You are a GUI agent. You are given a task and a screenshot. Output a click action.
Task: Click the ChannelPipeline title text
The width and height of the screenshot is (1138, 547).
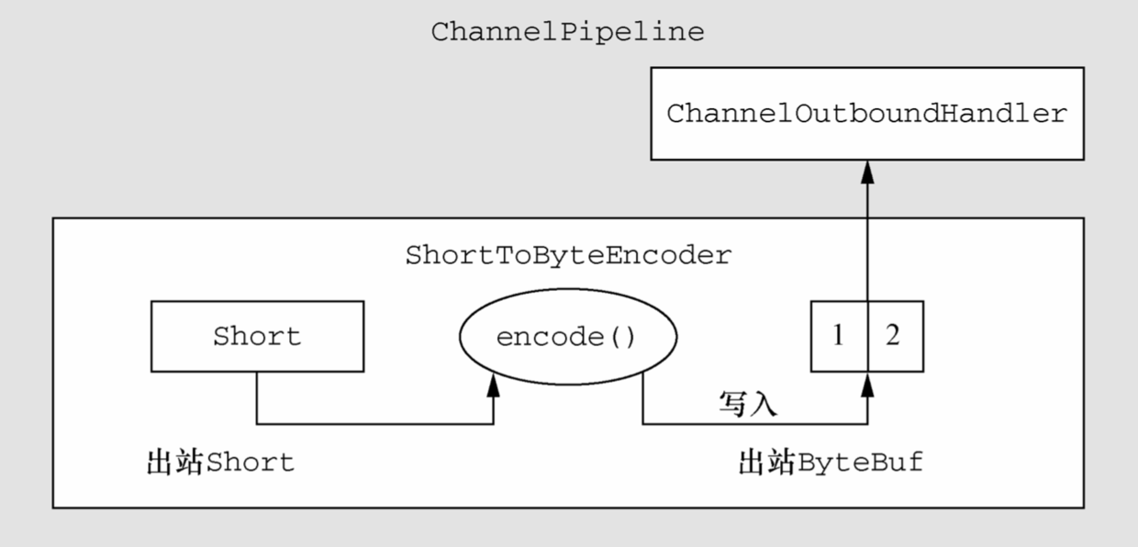[567, 33]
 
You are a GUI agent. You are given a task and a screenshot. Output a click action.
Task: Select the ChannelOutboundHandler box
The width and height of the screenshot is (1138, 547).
[867, 114]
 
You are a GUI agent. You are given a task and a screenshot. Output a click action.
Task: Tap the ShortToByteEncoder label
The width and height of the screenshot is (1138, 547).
[568, 256]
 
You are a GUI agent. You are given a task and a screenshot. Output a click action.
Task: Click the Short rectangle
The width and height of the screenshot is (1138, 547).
[257, 336]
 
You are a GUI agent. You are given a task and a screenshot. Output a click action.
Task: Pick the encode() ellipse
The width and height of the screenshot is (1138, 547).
[567, 336]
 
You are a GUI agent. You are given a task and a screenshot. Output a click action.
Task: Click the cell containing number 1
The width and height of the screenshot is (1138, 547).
[839, 336]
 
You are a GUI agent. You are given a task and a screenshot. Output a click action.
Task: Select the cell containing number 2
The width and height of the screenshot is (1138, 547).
[895, 336]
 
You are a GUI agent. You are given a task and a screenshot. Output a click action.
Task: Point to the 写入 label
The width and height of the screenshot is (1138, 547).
[748, 404]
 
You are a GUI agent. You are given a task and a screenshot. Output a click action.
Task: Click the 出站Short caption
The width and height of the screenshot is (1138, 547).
[221, 462]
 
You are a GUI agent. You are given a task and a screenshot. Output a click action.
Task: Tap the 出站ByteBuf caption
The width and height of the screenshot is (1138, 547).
[831, 462]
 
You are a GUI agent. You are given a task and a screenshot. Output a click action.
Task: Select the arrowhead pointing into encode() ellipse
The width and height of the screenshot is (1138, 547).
[494, 385]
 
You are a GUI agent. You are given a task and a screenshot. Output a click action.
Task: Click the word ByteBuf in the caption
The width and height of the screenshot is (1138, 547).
[860, 462]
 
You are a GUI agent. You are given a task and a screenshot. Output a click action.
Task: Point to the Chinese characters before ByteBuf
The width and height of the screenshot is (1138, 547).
[766, 462]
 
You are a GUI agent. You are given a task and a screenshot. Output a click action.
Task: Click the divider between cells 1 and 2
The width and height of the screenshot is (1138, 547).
[867, 336]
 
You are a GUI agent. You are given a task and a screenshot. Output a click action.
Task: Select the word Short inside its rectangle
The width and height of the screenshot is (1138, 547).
[257, 336]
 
